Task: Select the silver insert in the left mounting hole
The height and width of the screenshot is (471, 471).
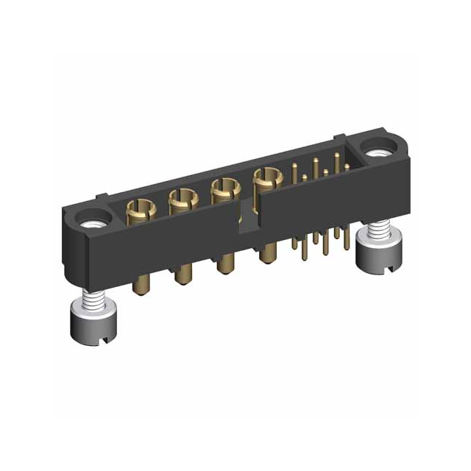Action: click(94, 220)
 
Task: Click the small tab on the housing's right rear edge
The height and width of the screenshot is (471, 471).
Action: click(340, 137)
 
